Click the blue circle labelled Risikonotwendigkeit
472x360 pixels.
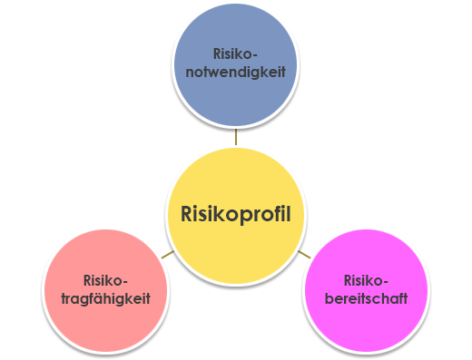point(235,68)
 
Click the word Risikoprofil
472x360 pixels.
point(236,215)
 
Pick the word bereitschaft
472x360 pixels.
point(366,297)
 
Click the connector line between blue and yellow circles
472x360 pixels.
point(236,139)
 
